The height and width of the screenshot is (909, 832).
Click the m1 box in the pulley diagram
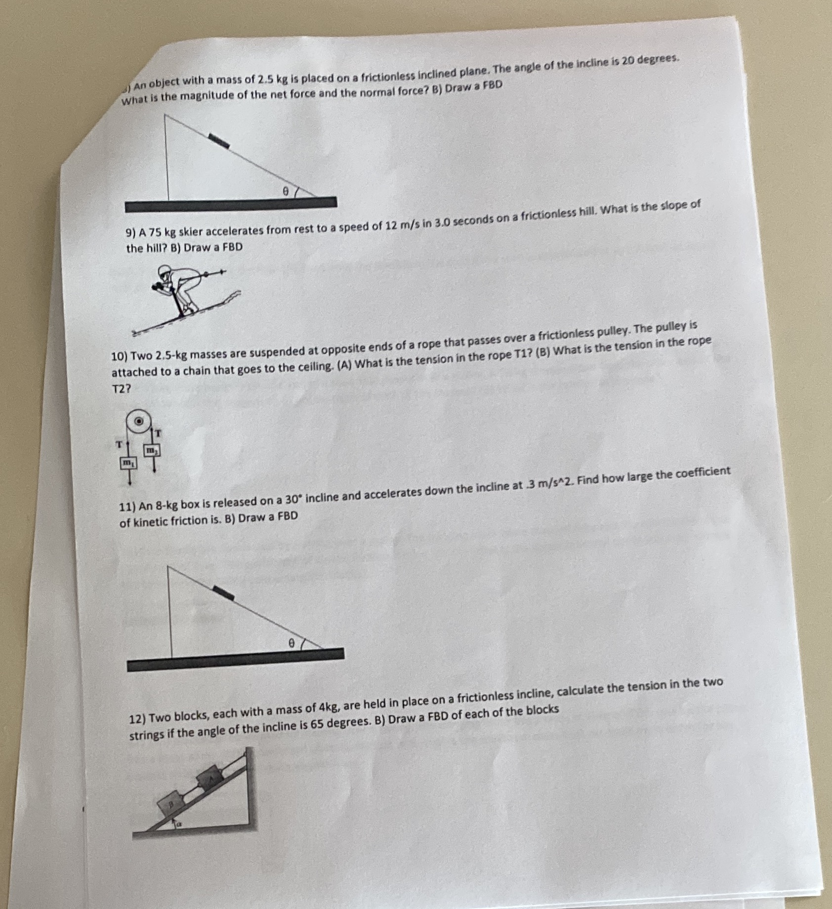128,463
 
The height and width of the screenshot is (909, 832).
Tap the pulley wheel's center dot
139,422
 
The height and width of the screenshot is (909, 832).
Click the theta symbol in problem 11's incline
291,643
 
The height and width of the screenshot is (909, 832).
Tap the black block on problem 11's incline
223,592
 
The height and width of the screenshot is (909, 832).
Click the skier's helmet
164,271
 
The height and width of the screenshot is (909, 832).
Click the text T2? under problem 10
121,389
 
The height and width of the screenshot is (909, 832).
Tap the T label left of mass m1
119,444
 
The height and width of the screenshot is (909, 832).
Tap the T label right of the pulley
158,433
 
